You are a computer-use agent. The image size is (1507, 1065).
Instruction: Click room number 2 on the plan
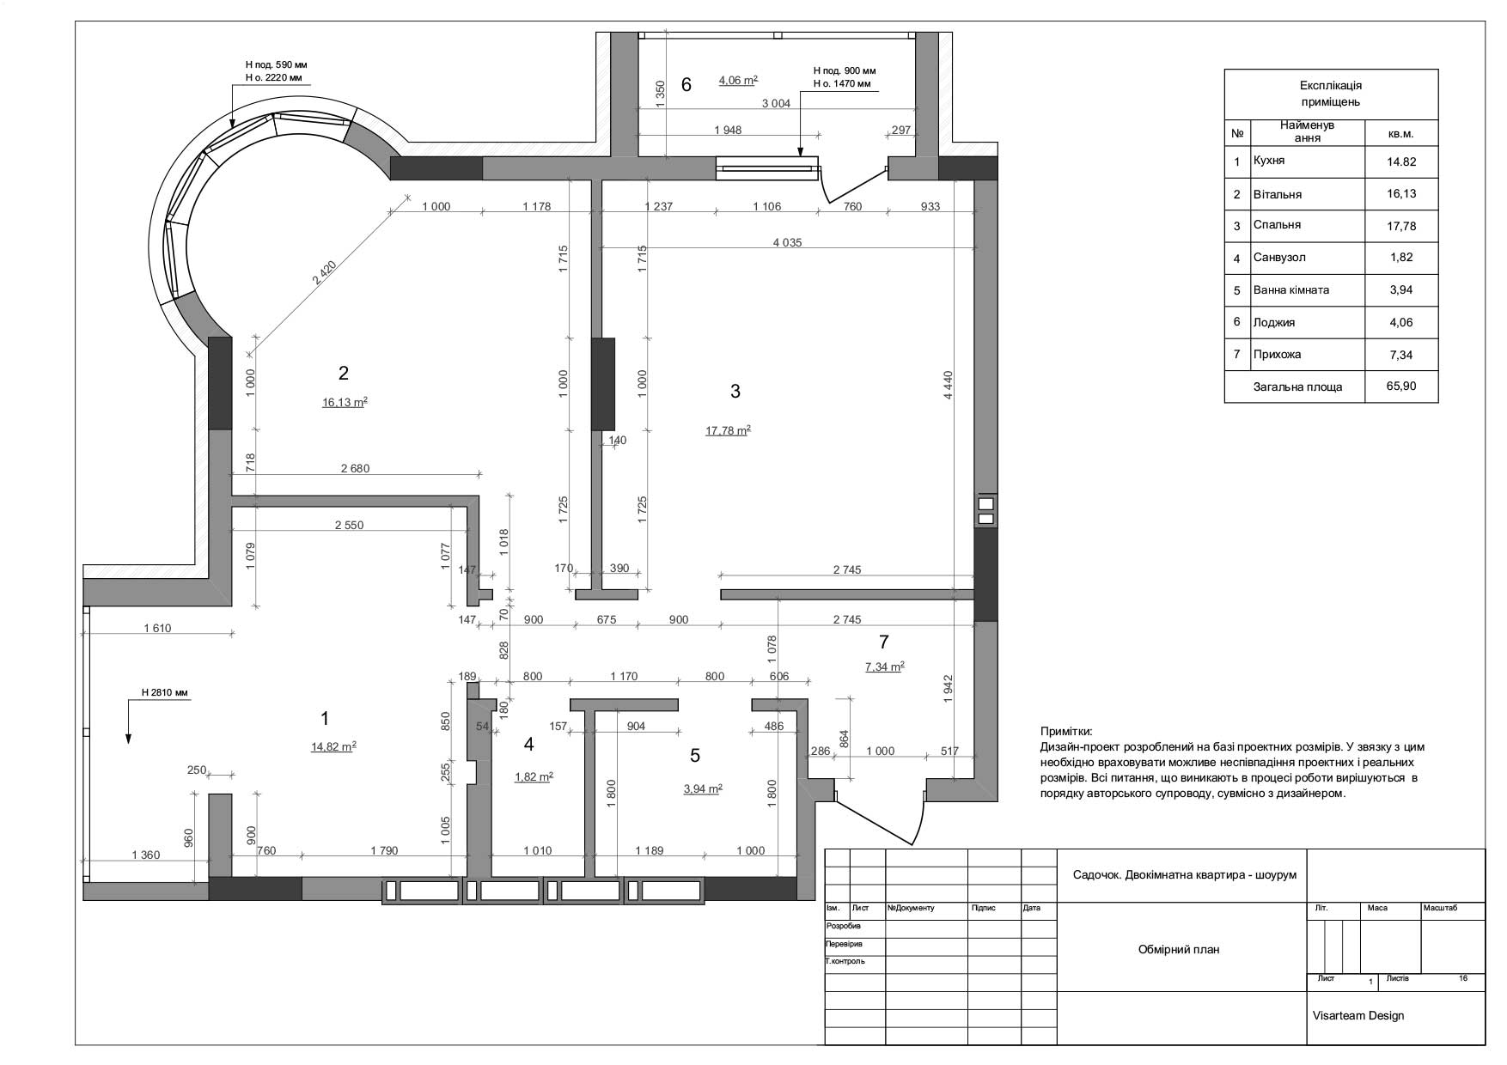click(x=344, y=373)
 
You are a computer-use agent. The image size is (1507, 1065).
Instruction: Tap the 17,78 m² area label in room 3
click(x=729, y=431)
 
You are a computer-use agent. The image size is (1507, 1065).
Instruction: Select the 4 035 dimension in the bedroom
click(x=787, y=242)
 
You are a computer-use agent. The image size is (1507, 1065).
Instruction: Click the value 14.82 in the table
click(x=1401, y=161)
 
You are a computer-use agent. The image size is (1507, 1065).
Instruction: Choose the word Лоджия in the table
click(x=1274, y=323)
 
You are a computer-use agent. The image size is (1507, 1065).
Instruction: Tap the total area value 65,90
click(x=1401, y=386)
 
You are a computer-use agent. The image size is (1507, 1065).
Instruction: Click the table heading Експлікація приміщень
click(x=1331, y=94)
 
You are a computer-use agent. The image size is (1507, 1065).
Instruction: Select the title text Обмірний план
click(x=1179, y=949)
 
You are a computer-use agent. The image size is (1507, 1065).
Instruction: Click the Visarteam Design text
click(x=1358, y=1015)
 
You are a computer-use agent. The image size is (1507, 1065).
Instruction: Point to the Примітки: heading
click(x=1066, y=732)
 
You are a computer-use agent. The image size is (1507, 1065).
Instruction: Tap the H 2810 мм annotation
click(x=165, y=692)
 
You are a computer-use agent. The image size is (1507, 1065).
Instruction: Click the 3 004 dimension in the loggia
click(x=776, y=103)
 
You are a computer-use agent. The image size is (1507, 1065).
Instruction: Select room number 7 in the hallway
click(x=884, y=642)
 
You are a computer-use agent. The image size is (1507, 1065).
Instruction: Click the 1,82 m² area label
click(x=534, y=777)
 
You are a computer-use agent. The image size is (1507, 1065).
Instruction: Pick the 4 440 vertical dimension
click(x=949, y=384)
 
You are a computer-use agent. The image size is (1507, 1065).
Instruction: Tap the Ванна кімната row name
click(x=1291, y=290)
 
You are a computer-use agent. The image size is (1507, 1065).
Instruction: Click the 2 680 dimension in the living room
click(x=355, y=468)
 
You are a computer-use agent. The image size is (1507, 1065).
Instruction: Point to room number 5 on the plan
click(x=695, y=756)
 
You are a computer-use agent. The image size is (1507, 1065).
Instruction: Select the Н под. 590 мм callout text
click(x=276, y=64)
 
